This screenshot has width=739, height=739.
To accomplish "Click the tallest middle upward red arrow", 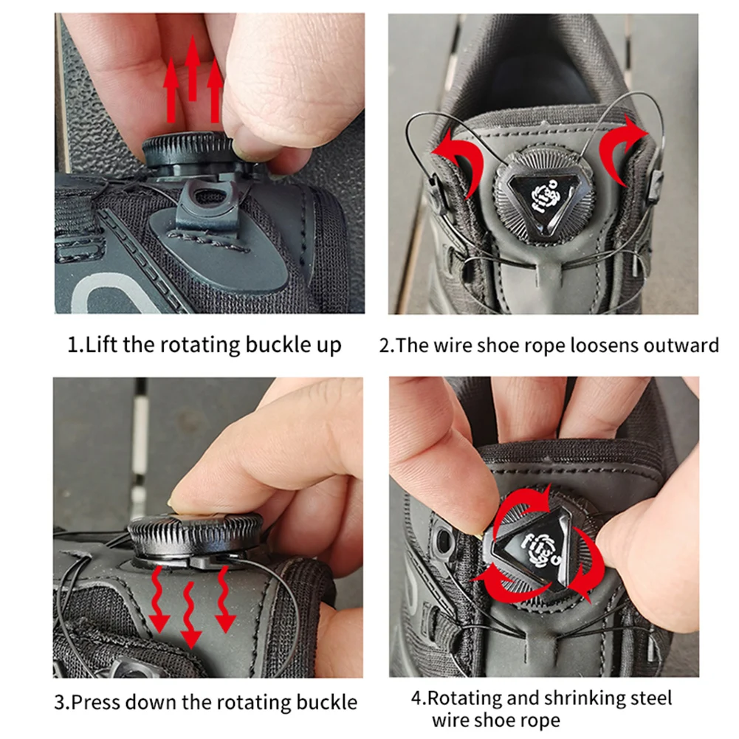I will [193, 70].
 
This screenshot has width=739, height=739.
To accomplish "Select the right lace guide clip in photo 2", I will [653, 188].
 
